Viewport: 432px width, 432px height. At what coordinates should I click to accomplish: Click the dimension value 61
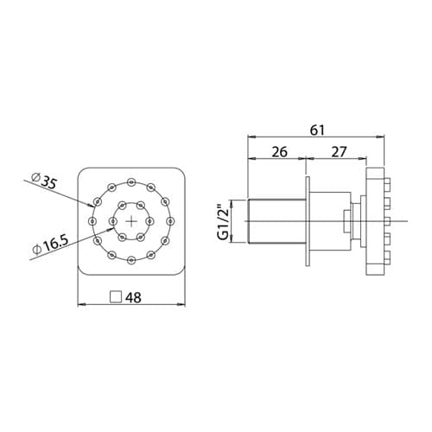[317, 130]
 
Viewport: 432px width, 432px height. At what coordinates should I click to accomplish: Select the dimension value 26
[279, 152]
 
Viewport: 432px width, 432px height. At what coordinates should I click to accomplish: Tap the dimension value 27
[339, 152]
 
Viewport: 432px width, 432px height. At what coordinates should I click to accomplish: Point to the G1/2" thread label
[224, 222]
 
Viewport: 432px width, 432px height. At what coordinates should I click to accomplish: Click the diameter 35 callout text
[43, 181]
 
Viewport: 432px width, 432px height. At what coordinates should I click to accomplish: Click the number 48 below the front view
[133, 297]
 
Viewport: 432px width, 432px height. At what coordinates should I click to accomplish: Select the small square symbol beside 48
[116, 297]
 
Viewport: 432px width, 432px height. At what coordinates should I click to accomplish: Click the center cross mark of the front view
[131, 221]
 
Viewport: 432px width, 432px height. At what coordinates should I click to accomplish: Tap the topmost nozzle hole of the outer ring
[131, 181]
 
